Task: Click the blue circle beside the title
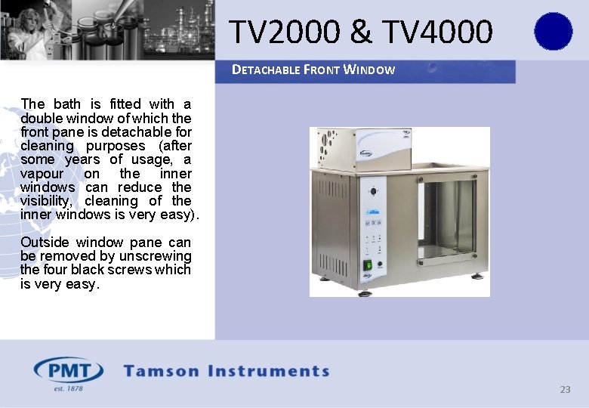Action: coord(553,32)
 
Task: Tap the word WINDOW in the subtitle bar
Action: coord(369,70)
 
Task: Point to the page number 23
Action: coord(565,390)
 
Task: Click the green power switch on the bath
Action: coord(368,265)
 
